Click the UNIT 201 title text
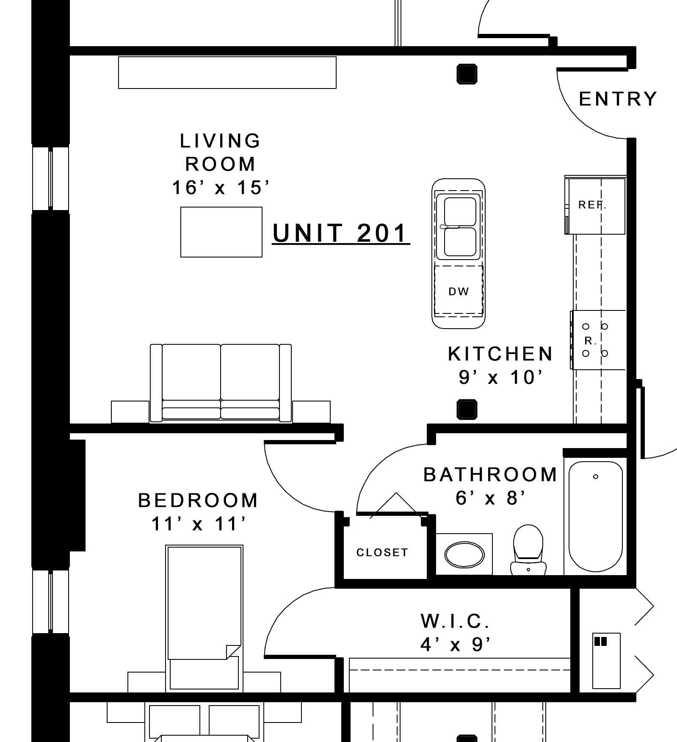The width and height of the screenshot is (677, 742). pyautogui.click(x=341, y=233)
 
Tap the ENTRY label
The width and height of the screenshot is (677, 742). pyautogui.click(x=618, y=99)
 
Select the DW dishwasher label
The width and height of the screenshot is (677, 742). pyautogui.click(x=459, y=291)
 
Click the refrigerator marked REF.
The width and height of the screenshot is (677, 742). pyautogui.click(x=595, y=205)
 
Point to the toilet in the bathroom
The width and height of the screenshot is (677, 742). pyautogui.click(x=528, y=550)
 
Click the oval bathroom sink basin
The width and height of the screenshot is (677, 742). pyautogui.click(x=464, y=555)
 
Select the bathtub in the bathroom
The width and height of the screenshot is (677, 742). pyautogui.click(x=595, y=516)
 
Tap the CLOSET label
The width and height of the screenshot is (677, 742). pyautogui.click(x=382, y=552)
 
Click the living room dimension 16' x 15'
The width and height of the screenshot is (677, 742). pyautogui.click(x=221, y=188)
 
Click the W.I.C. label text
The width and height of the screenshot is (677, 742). pyautogui.click(x=455, y=621)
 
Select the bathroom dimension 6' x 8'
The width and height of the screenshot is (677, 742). pyautogui.click(x=491, y=498)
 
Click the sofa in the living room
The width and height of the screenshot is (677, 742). pyautogui.click(x=221, y=383)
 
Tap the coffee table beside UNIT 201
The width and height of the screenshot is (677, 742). pyautogui.click(x=221, y=232)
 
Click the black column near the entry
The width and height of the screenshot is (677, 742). pyautogui.click(x=467, y=74)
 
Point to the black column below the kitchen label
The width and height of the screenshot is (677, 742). pyautogui.click(x=467, y=410)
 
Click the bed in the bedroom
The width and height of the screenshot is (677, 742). pyautogui.click(x=204, y=619)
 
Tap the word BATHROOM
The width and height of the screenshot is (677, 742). pyautogui.click(x=490, y=475)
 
